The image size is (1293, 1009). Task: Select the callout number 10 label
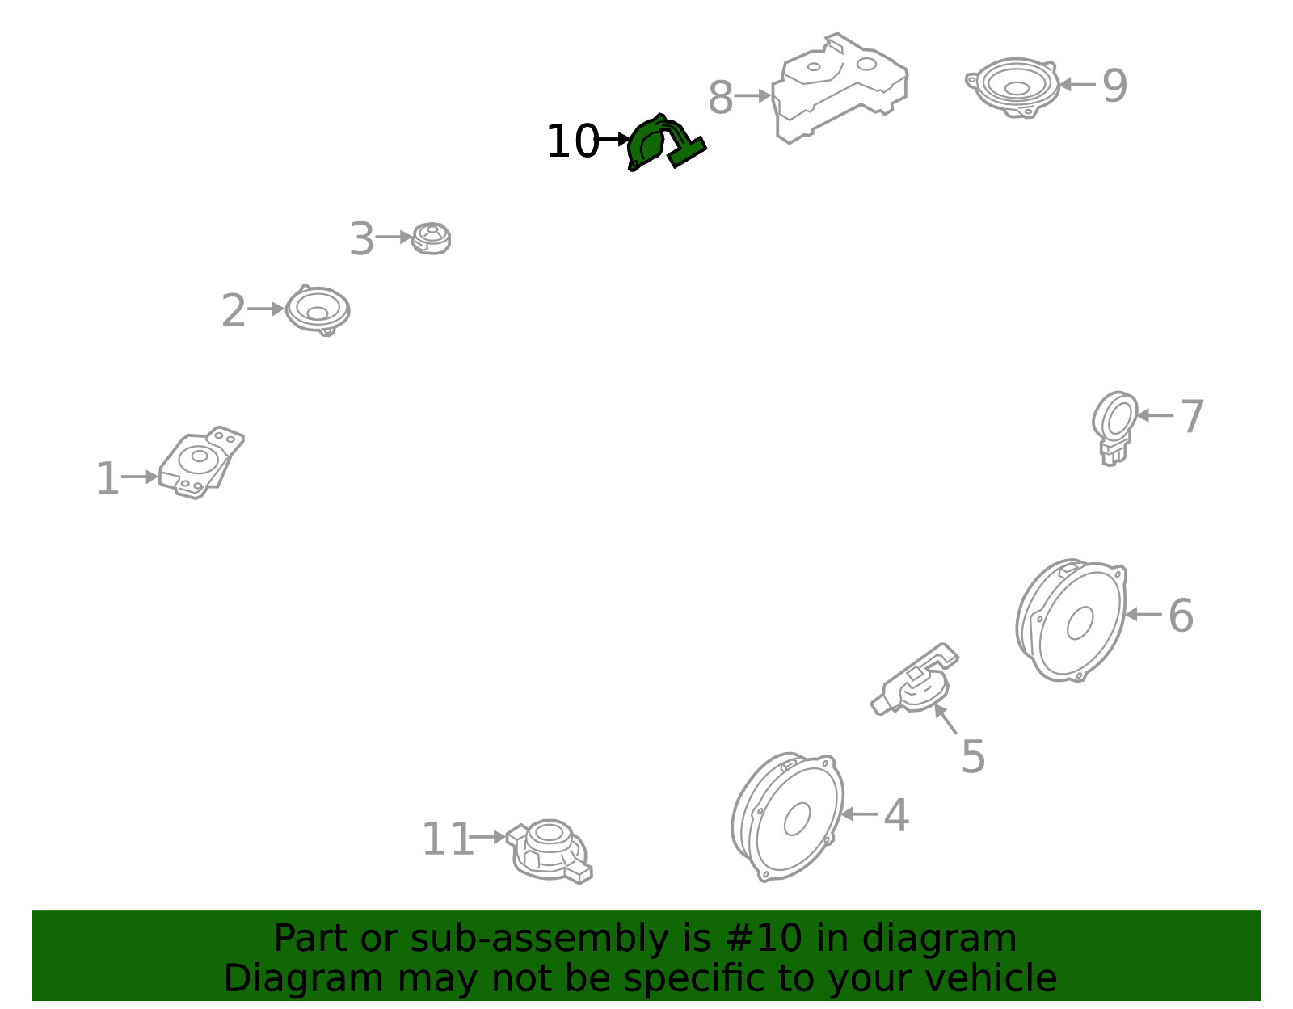click(x=572, y=141)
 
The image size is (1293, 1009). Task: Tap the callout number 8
click(x=721, y=98)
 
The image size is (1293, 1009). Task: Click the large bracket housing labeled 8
click(x=839, y=89)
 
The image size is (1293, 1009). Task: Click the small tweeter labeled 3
click(x=432, y=238)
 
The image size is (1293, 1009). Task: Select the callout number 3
click(x=362, y=239)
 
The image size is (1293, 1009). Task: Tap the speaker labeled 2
click(x=318, y=309)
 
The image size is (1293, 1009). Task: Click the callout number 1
click(x=107, y=478)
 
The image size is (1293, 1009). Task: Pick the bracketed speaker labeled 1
click(x=201, y=463)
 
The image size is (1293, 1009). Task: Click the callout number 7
click(x=1193, y=417)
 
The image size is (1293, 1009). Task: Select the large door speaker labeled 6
click(x=1071, y=620)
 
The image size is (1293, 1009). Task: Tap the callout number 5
click(x=974, y=757)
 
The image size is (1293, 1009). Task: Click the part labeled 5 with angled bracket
click(x=915, y=679)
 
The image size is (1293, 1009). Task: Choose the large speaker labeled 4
click(x=787, y=818)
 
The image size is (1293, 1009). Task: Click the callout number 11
click(x=448, y=839)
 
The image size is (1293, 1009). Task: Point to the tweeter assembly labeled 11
click(x=550, y=851)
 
